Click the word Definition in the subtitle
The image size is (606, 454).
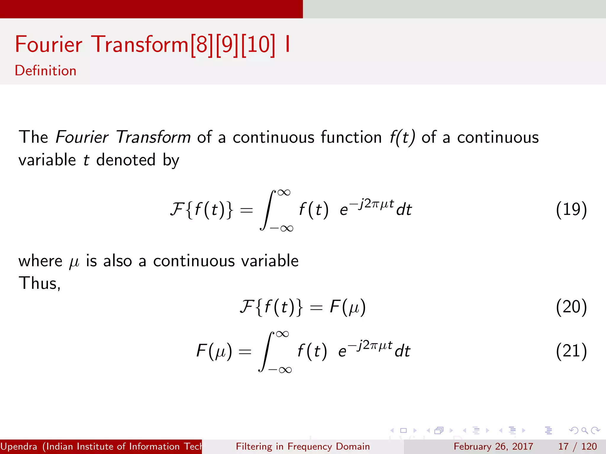46,71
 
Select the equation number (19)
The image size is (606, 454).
571,210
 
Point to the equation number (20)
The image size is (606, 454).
571,307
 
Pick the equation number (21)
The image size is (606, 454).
571,351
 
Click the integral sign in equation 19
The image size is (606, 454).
267,210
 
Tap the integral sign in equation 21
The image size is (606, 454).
266,351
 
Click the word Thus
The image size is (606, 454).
39,283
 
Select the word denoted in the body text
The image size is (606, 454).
126,160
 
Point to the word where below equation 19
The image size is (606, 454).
40,261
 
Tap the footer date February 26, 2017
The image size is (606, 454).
493,446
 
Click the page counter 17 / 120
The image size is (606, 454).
577,446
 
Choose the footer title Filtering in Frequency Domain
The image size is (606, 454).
303,446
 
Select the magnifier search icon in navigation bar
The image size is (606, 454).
584,430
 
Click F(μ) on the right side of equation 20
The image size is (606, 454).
348,307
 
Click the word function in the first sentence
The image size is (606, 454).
351,137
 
